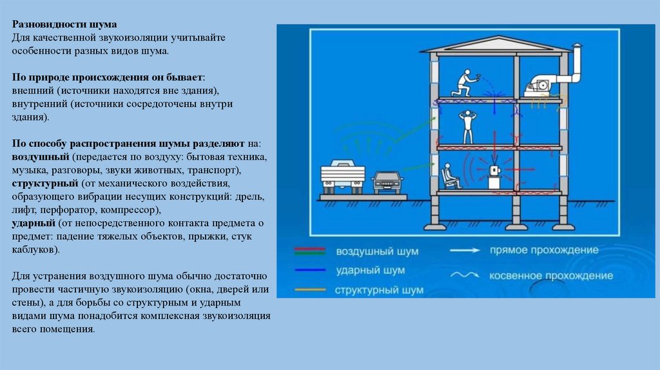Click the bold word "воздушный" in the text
(41, 157)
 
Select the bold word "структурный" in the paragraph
(43, 183)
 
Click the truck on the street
(344, 175)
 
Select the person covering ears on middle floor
(466, 127)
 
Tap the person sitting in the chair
(451, 175)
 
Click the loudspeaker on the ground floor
(495, 174)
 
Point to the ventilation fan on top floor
(541, 84)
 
